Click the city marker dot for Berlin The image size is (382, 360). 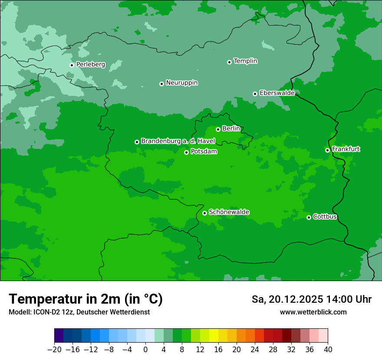pos(218,129)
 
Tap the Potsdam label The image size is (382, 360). pos(204,151)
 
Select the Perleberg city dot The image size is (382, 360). pos(72,65)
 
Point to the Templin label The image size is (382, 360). pos(245,61)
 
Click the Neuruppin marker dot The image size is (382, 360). pos(161,84)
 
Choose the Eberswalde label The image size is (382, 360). pos(277,93)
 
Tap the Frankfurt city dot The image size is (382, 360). pos(327,150)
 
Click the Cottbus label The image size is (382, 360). pos(325,216)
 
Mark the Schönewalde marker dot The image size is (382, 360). pos(204,213)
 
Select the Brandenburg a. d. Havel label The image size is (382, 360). pos(178,141)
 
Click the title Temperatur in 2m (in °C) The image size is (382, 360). pos(86,299)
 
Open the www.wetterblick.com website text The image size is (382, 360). pos(313,312)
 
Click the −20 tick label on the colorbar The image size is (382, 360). pos(54,349)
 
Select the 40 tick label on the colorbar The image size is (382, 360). pos(328,349)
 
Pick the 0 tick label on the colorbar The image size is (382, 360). pos(145,349)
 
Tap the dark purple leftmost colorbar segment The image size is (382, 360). pos(59,336)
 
